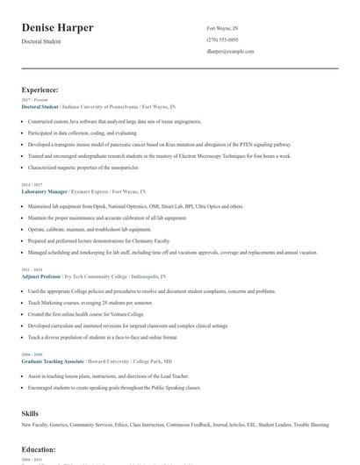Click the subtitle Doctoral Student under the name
click(41, 41)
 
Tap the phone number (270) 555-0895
click(221, 39)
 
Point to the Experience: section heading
click(40, 89)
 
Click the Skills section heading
click(30, 411)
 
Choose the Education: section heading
click(39, 449)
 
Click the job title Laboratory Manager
click(45, 190)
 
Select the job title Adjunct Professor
click(43, 275)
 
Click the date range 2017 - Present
click(32, 100)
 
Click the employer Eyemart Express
click(96, 190)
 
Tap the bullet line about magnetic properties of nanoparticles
click(83, 166)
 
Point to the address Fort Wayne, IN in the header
click(221, 28)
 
